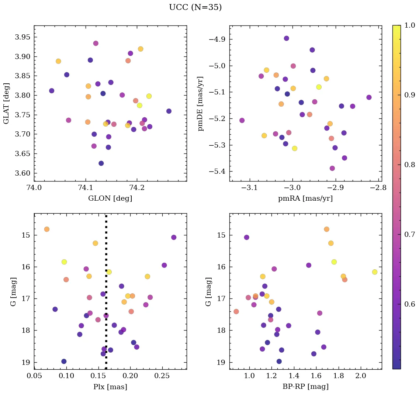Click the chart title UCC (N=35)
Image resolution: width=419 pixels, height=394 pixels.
click(x=195, y=7)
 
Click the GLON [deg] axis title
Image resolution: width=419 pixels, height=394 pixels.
click(x=110, y=198)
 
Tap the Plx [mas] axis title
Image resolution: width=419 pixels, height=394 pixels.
click(x=110, y=387)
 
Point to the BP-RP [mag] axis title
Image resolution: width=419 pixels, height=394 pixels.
click(x=305, y=387)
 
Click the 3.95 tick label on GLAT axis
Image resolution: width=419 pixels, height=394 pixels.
click(x=22, y=37)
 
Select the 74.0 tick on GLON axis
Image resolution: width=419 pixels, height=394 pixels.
click(x=34, y=188)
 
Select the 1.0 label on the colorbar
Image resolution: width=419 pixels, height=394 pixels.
click(x=410, y=25)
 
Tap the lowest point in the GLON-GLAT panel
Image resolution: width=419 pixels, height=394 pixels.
click(x=101, y=163)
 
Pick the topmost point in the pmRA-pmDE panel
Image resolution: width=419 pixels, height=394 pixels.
click(x=286, y=38)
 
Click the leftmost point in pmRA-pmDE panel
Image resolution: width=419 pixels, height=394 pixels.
click(x=242, y=120)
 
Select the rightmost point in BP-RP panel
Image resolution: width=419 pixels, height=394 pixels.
click(x=375, y=272)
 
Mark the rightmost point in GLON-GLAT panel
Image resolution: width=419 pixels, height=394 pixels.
click(x=169, y=111)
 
